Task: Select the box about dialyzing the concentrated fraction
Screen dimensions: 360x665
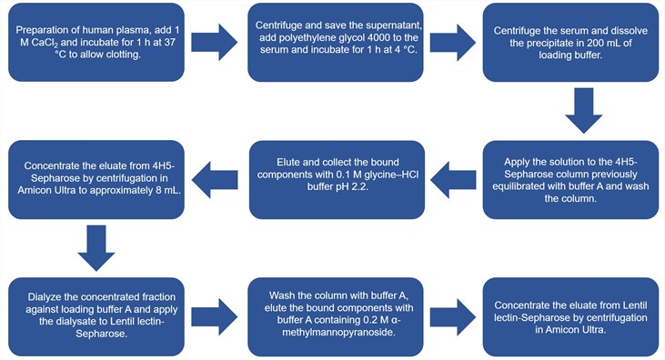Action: [94, 313]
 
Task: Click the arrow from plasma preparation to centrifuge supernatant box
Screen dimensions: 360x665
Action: [213, 42]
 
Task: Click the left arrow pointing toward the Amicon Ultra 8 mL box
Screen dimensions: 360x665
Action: [213, 177]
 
